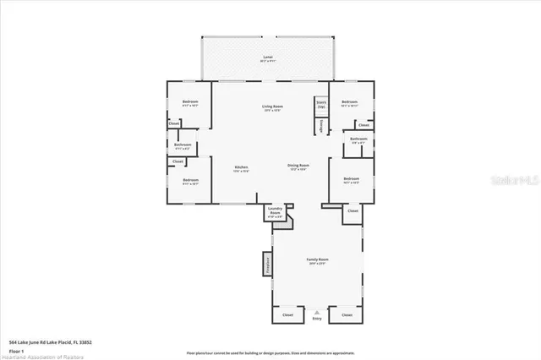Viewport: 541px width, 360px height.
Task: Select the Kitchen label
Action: click(241, 168)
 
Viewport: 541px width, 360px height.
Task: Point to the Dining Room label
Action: click(298, 166)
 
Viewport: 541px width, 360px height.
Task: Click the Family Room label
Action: click(317, 260)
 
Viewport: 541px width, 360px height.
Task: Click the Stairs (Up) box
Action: click(321, 106)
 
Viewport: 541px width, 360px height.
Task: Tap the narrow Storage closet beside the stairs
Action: click(321, 125)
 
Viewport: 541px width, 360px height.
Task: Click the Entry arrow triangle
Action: click(317, 310)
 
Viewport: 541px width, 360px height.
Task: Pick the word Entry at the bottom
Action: click(317, 319)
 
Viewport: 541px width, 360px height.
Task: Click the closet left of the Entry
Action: click(287, 314)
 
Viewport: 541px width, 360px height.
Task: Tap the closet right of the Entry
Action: click(347, 314)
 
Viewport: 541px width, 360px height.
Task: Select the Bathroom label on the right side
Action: click(358, 140)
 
